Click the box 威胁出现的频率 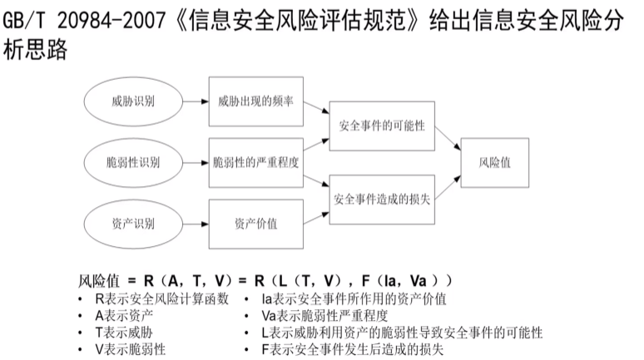255,101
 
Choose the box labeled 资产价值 255,222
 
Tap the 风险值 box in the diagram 495,162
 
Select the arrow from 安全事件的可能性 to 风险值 448,139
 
